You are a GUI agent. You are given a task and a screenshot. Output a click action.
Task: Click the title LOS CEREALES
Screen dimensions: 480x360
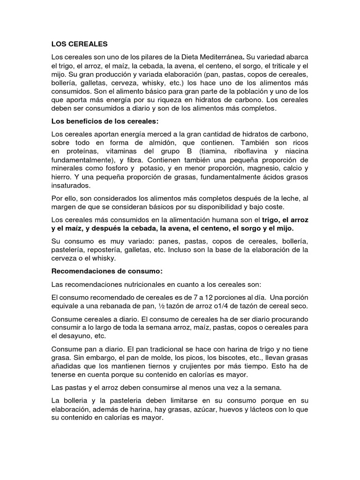[79, 44]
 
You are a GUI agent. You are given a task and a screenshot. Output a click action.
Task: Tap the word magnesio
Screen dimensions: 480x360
[257, 168]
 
